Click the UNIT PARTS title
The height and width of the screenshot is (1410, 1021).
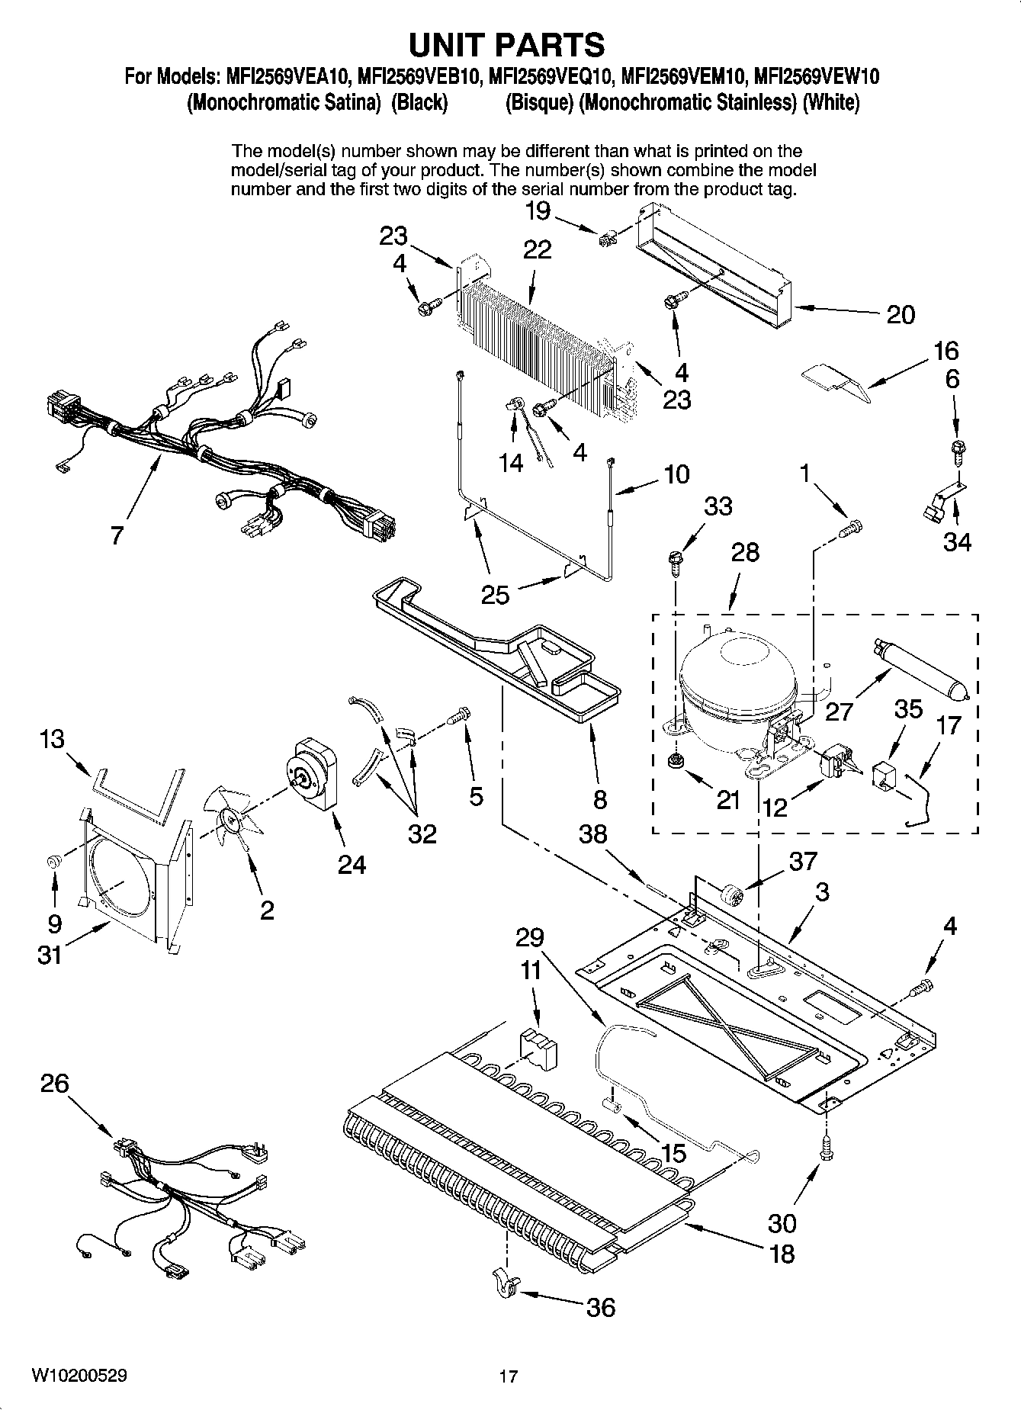click(507, 45)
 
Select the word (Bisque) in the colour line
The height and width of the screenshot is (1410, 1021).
click(540, 103)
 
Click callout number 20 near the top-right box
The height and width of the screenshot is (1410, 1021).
click(900, 314)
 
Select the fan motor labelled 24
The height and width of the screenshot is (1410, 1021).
click(314, 774)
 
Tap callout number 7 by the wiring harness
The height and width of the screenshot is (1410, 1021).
click(116, 535)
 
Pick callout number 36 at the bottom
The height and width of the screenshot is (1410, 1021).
click(600, 1307)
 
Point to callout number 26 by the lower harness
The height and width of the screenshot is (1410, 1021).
click(55, 1084)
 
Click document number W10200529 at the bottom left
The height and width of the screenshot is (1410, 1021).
click(79, 1376)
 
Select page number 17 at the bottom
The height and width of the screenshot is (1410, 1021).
click(509, 1376)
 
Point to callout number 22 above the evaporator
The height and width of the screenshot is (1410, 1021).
click(537, 249)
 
